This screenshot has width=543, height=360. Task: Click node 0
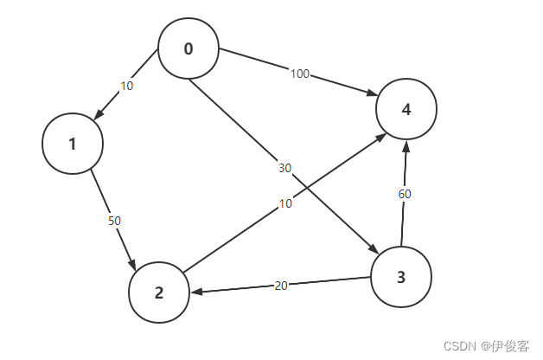(188, 48)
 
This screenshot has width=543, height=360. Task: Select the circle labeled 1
(73, 144)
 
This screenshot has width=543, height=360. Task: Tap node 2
(159, 292)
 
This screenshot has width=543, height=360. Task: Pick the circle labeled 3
(401, 277)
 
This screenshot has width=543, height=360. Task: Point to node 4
(406, 109)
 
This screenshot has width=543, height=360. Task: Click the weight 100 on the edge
(300, 74)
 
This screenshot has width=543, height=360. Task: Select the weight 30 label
(284, 168)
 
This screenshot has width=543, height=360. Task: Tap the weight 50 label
(114, 221)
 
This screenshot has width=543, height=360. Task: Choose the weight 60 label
(404, 194)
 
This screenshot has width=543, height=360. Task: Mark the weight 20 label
(281, 286)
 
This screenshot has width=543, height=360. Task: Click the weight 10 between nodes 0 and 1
(127, 86)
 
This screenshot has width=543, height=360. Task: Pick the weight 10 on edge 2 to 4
(285, 203)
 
